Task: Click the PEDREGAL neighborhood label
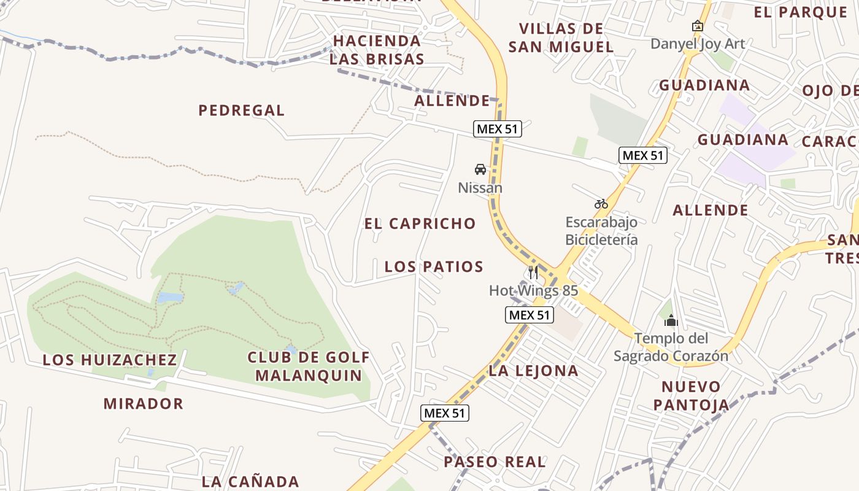click(x=241, y=110)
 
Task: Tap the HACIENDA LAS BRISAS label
click(x=377, y=50)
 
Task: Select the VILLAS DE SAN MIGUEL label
click(x=561, y=37)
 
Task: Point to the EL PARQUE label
click(x=800, y=12)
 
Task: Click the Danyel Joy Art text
click(x=698, y=44)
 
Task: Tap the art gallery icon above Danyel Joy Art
click(x=697, y=26)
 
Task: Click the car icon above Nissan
click(x=480, y=169)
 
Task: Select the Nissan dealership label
click(x=480, y=188)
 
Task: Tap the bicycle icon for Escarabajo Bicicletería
click(x=601, y=204)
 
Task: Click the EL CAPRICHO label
click(x=420, y=223)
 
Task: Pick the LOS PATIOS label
click(x=434, y=267)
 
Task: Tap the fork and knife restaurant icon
click(x=533, y=273)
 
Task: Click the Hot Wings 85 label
click(x=533, y=290)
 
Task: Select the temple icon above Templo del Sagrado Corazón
click(x=671, y=320)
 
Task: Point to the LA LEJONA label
click(x=533, y=371)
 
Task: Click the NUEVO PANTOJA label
click(x=691, y=396)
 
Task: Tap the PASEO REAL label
click(x=495, y=462)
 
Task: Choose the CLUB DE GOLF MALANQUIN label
click(x=309, y=366)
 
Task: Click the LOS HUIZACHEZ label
click(x=109, y=360)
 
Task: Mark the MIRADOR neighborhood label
click(x=143, y=403)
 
